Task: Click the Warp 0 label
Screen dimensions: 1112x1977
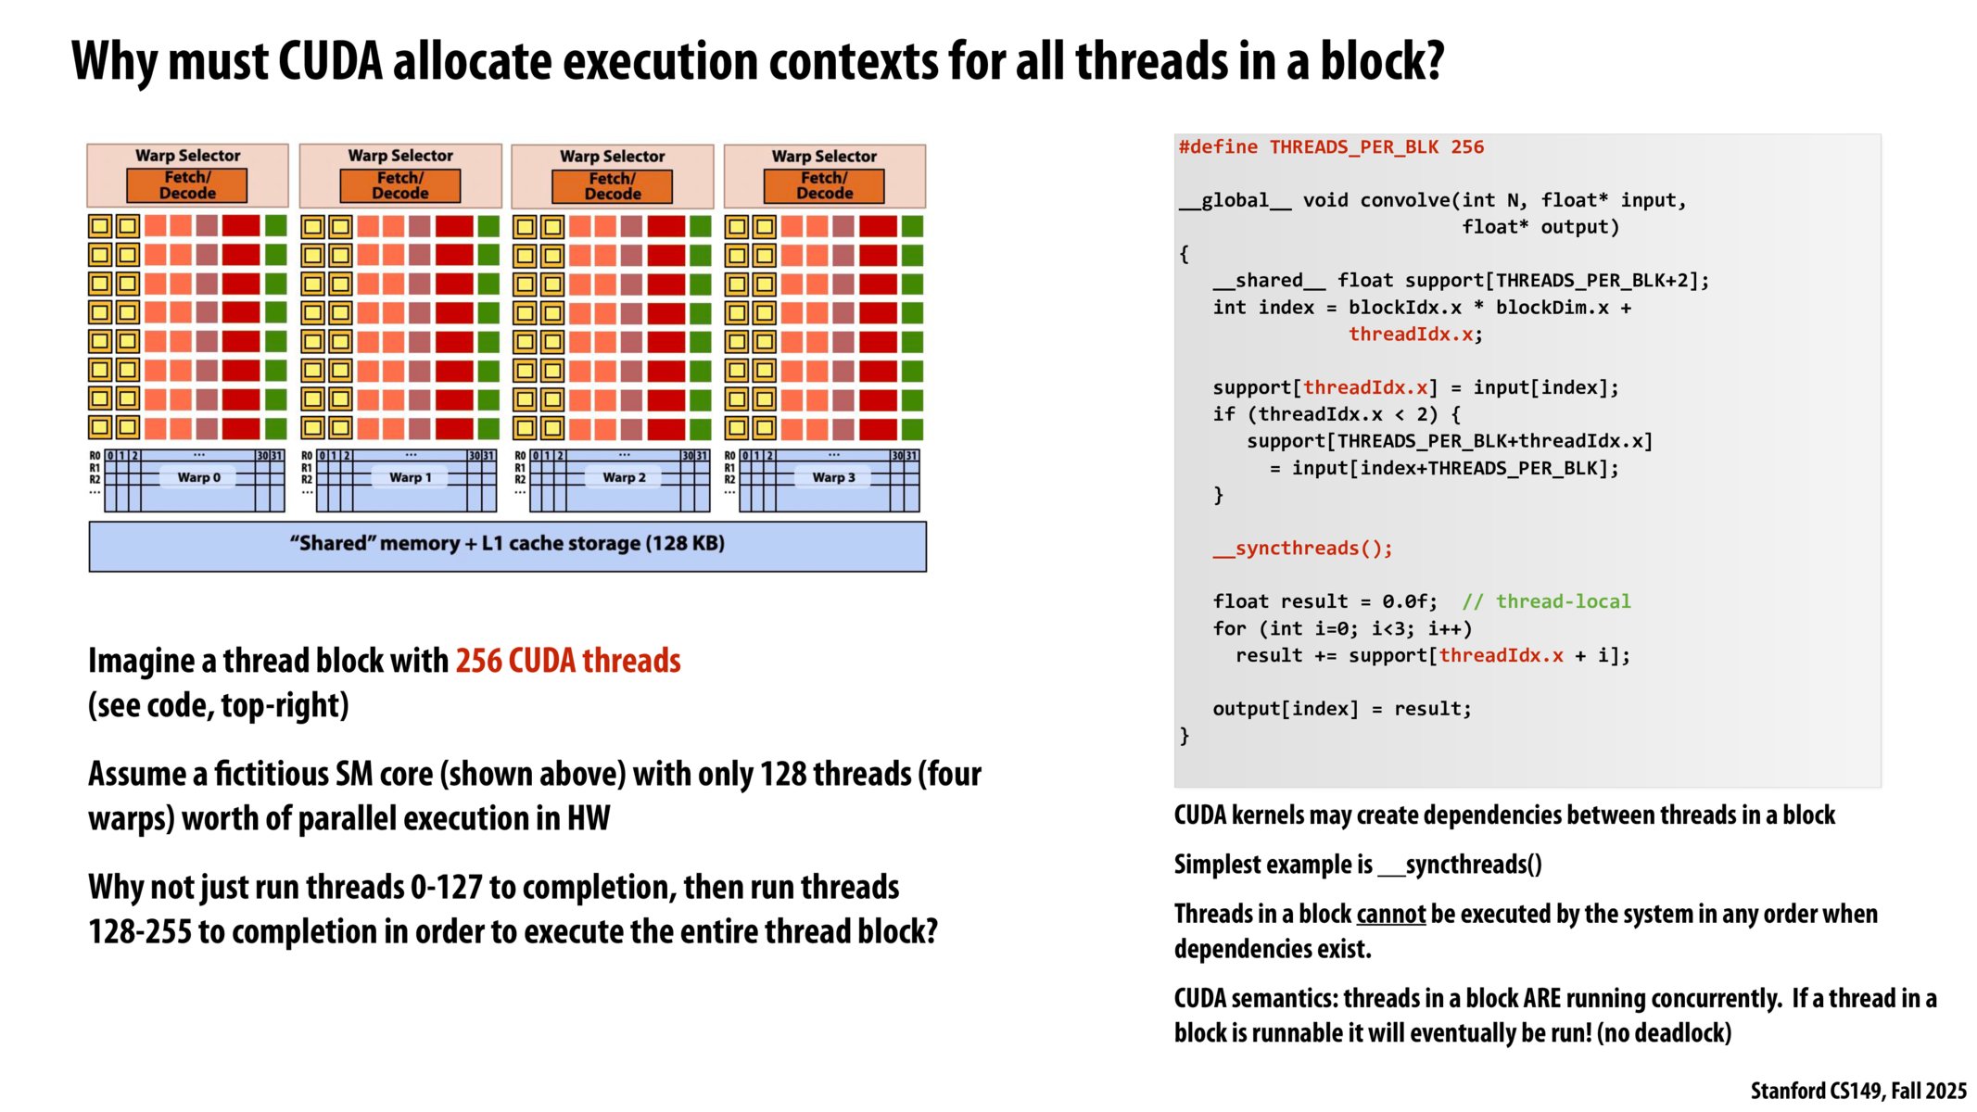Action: pyautogui.click(x=198, y=477)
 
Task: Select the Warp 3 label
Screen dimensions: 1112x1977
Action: pyautogui.click(x=833, y=477)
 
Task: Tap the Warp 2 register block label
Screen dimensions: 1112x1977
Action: pyautogui.click(x=624, y=477)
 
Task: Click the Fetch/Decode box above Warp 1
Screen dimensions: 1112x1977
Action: pyautogui.click(x=400, y=185)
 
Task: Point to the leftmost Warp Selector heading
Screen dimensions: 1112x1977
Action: pyautogui.click(x=188, y=156)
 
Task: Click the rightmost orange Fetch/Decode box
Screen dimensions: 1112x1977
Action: pyautogui.click(x=824, y=185)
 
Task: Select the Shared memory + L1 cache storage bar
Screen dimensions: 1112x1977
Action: pyautogui.click(x=507, y=545)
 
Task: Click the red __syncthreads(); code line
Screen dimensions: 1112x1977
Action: pyautogui.click(x=1302, y=549)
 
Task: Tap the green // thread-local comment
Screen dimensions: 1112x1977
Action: pyautogui.click(x=1546, y=601)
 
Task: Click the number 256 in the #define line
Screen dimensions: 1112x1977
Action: pyautogui.click(x=1467, y=147)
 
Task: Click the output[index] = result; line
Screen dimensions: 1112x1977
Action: pyautogui.click(x=1341, y=709)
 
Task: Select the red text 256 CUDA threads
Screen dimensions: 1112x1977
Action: pyautogui.click(x=568, y=661)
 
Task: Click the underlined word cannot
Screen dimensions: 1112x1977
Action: pyautogui.click(x=1390, y=915)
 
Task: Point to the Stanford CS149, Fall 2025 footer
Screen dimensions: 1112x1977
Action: pyautogui.click(x=1857, y=1091)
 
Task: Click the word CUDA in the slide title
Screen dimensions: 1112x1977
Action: pyautogui.click(x=330, y=61)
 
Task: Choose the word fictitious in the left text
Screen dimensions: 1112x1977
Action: pyautogui.click(x=272, y=774)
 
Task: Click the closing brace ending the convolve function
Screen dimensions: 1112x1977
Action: pyautogui.click(x=1185, y=736)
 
